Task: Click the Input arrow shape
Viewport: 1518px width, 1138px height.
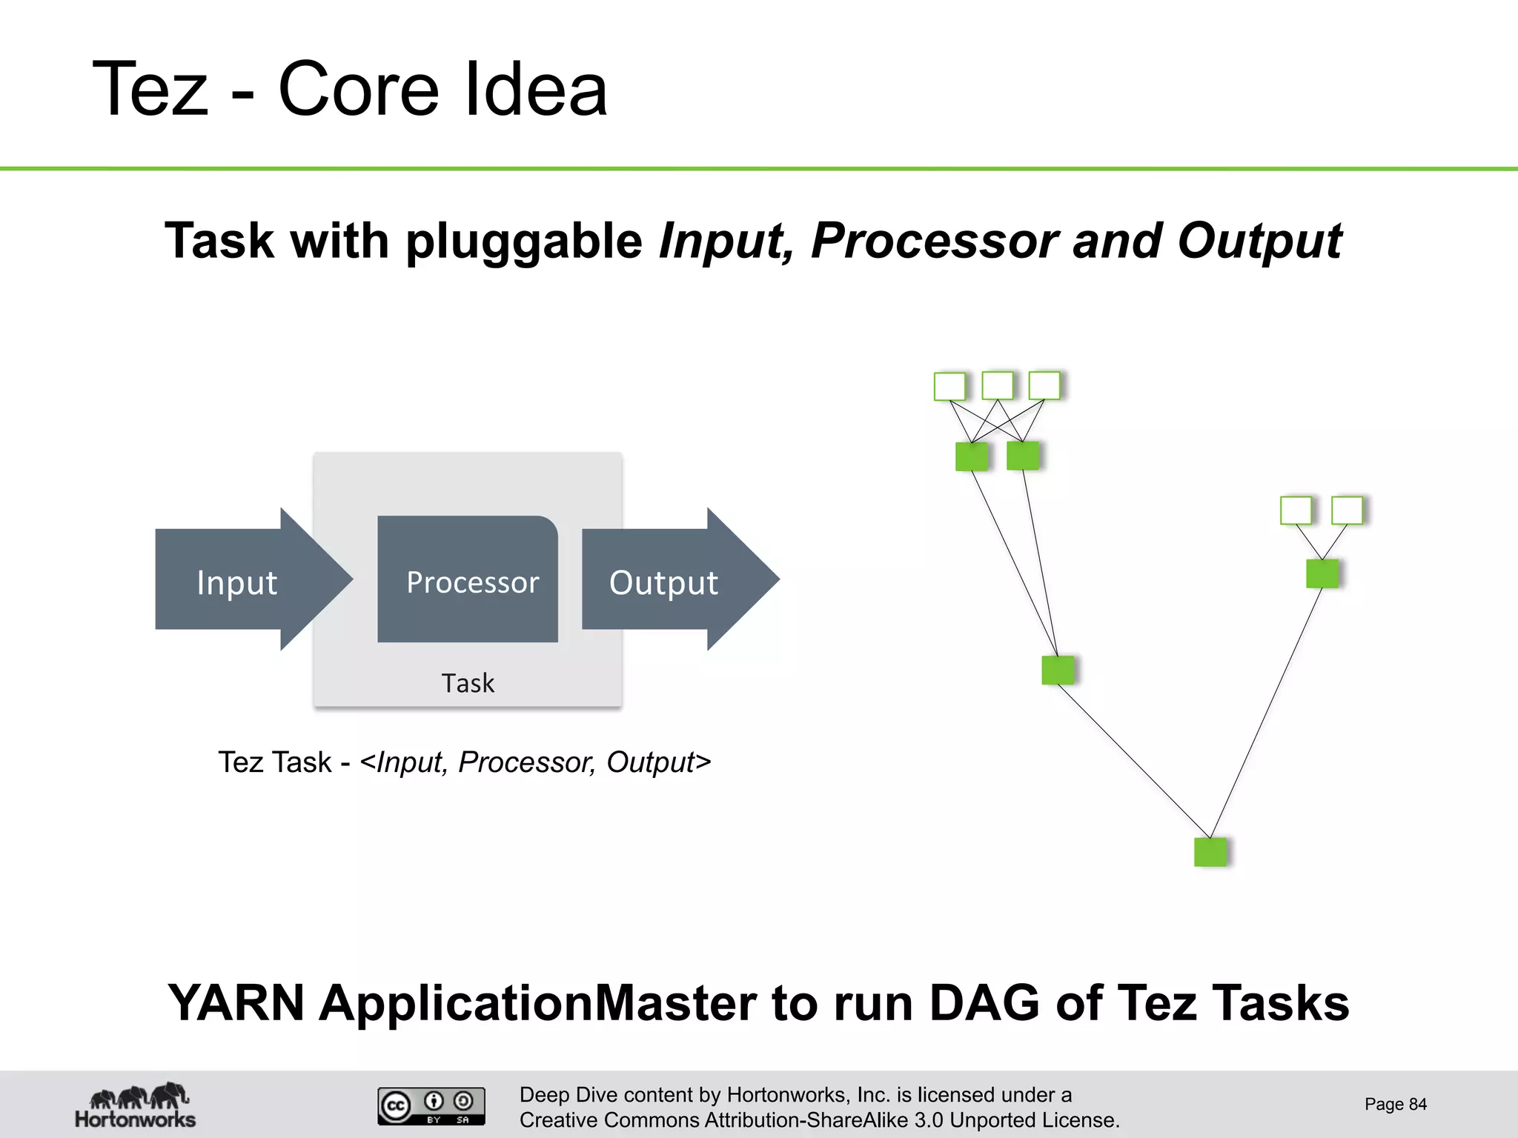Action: tap(237, 580)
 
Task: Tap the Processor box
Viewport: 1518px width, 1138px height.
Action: tap(468, 580)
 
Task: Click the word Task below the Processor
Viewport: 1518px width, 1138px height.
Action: tap(468, 682)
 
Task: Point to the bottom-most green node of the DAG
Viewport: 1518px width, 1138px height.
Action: tap(1210, 851)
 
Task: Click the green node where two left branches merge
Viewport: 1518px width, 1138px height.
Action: tap(1058, 670)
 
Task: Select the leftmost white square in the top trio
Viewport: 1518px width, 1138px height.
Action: tap(949, 386)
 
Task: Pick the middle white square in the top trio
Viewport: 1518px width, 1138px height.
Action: tap(997, 385)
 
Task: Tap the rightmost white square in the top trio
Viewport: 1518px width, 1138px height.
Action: tap(1044, 385)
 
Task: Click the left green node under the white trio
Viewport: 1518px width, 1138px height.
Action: tap(971, 456)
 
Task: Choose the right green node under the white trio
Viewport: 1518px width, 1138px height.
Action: tap(1023, 456)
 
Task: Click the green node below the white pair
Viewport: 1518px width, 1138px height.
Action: tap(1322, 573)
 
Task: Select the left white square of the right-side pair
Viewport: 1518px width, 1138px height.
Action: tap(1296, 510)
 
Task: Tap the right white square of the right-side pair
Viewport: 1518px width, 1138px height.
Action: tap(1347, 510)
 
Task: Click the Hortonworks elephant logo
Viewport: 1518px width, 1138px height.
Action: tap(136, 1105)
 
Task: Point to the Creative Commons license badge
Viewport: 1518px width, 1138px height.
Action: tap(431, 1105)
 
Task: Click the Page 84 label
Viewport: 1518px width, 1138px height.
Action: tap(1395, 1104)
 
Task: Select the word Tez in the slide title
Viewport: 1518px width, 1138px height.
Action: tap(150, 90)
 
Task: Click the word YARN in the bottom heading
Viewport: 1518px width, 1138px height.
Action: tap(236, 1003)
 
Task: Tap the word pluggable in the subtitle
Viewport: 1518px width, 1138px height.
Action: tap(524, 241)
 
